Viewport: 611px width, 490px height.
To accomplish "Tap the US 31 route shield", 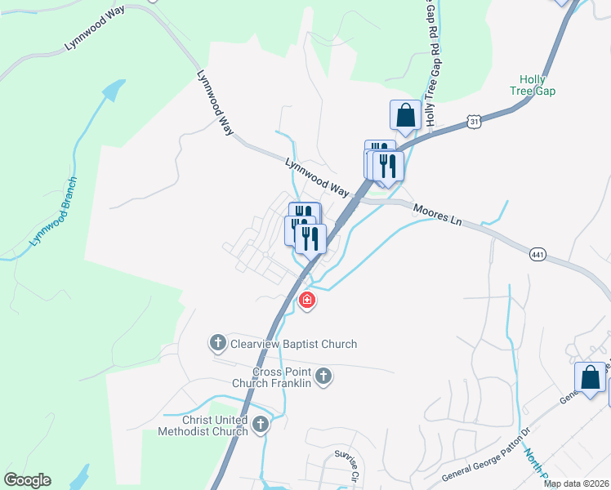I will (473, 122).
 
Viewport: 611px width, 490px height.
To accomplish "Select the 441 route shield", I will (537, 255).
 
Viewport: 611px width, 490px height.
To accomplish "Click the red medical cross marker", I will (307, 301).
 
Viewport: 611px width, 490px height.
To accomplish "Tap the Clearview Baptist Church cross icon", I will (218, 343).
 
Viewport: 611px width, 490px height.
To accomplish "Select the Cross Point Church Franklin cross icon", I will (323, 376).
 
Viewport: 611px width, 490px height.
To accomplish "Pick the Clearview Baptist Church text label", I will (293, 344).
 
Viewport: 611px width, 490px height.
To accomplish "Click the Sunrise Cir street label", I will (347, 463).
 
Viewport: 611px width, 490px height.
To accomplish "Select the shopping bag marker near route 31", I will (405, 116).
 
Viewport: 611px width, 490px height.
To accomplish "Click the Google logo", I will (27, 480).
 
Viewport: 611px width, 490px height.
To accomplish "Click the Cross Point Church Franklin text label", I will (282, 377).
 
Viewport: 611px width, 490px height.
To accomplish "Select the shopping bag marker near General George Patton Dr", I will (590, 378).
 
